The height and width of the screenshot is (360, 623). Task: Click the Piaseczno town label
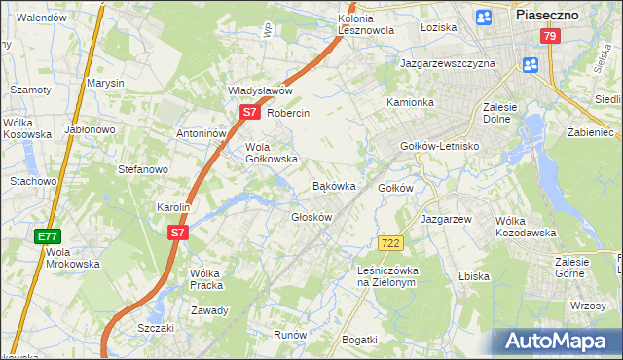(547, 15)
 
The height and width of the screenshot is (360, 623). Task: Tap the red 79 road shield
(551, 37)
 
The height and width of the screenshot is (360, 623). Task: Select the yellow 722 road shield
(390, 242)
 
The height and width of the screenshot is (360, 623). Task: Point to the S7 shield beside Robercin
(250, 113)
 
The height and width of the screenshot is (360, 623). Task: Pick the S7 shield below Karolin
(176, 233)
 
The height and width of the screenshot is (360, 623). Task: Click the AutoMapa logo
(558, 342)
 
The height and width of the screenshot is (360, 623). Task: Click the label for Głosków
(312, 217)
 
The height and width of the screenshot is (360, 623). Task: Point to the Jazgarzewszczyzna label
(448, 63)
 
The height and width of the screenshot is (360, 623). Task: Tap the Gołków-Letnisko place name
(440, 146)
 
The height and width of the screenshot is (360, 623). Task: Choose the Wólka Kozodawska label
(525, 227)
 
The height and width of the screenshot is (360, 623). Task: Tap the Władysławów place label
(260, 90)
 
